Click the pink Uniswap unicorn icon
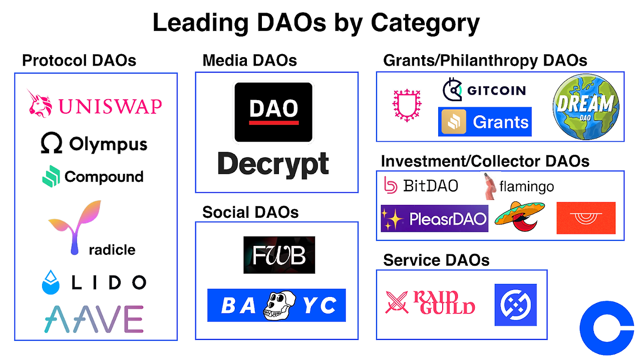[40, 104]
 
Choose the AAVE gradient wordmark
[93, 319]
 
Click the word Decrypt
[273, 164]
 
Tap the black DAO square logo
[273, 112]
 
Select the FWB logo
[279, 255]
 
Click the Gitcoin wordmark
[496, 91]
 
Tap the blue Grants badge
[484, 122]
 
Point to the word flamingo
[526, 187]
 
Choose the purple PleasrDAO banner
[434, 218]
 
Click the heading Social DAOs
[250, 212]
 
